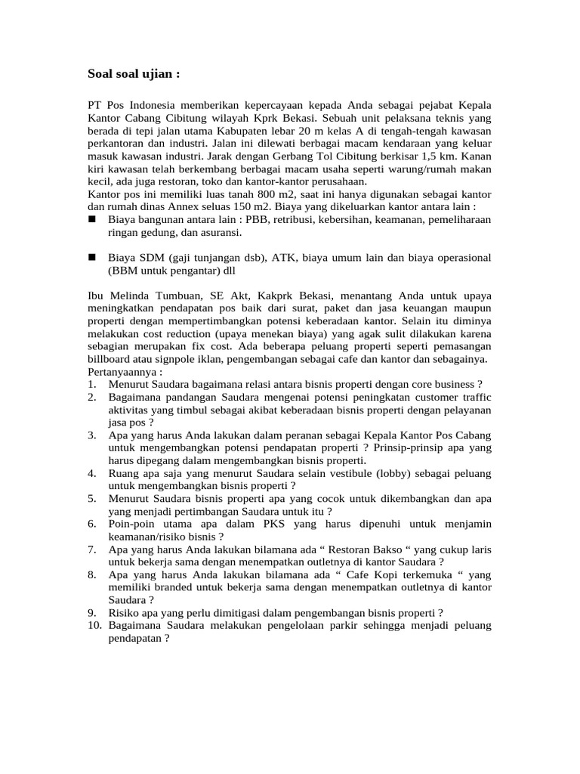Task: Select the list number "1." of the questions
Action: point(91,385)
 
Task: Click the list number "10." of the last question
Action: point(94,626)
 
